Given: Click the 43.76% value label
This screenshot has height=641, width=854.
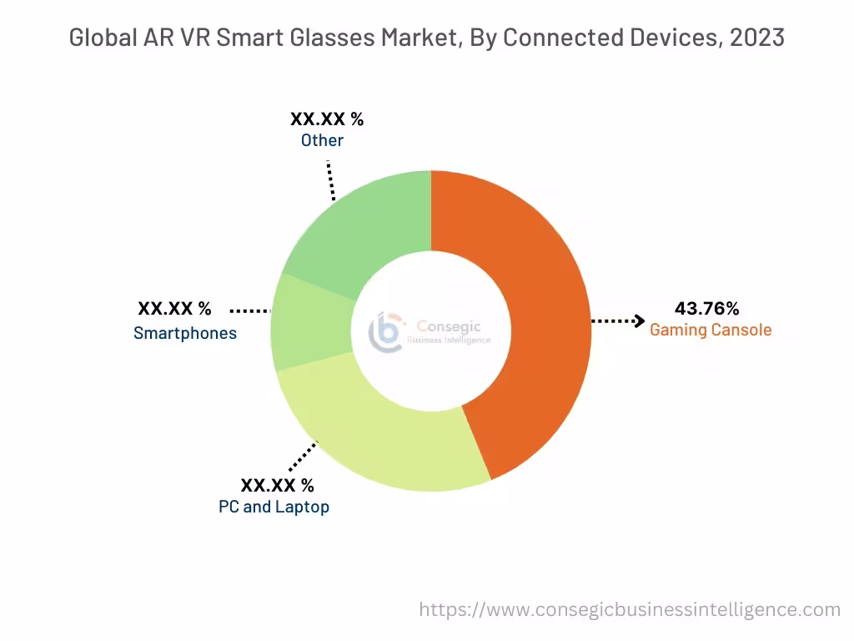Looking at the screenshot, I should coord(707,309).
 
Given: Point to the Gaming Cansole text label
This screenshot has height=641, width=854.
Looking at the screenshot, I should coord(711,330).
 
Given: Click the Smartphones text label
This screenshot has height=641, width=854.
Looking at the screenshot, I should coord(185,333).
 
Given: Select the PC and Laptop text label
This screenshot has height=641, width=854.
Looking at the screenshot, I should coord(274,507).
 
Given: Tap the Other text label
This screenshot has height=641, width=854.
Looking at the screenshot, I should coord(322,140).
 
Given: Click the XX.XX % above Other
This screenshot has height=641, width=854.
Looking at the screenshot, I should coord(327,119).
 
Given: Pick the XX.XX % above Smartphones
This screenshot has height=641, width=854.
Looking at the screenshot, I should coord(174,310).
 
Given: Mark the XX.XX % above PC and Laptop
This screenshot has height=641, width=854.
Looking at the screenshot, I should coord(278,485).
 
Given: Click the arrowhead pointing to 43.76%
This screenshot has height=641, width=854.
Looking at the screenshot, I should coord(640,320).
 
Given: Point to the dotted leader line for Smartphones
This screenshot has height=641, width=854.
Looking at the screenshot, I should coord(249,310).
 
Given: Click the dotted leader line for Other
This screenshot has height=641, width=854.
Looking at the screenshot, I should coord(331,179).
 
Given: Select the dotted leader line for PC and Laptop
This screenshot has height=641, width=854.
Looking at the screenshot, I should coord(303,457).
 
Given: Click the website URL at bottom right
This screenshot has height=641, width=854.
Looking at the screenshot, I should coord(630,609).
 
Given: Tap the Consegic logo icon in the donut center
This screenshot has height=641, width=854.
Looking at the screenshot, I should coord(385,331).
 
